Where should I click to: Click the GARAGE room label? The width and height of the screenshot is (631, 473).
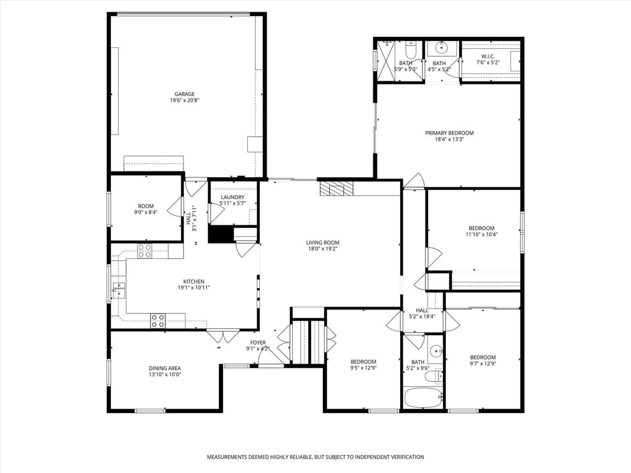tap(185, 94)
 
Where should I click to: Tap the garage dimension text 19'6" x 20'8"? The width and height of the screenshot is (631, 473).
tap(185, 100)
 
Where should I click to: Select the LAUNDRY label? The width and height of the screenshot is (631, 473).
tap(232, 197)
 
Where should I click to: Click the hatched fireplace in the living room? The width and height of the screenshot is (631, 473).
tap(337, 188)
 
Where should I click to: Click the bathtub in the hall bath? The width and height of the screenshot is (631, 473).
tap(423, 397)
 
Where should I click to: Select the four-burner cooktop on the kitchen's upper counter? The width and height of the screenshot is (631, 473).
tap(145, 251)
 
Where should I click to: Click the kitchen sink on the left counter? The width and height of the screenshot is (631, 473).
tap(118, 290)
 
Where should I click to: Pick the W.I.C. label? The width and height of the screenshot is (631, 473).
tap(488, 56)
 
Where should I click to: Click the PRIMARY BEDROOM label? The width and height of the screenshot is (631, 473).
tap(449, 133)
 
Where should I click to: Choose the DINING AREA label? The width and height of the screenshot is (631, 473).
tap(165, 368)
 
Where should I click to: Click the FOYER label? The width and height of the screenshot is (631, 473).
tap(258, 343)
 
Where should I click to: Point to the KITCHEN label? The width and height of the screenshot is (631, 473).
tap(194, 282)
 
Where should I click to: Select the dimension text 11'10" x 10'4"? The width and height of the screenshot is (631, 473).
tap(482, 234)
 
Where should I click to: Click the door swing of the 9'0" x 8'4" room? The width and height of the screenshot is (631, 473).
tap(175, 207)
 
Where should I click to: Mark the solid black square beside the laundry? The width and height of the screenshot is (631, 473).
tap(219, 234)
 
